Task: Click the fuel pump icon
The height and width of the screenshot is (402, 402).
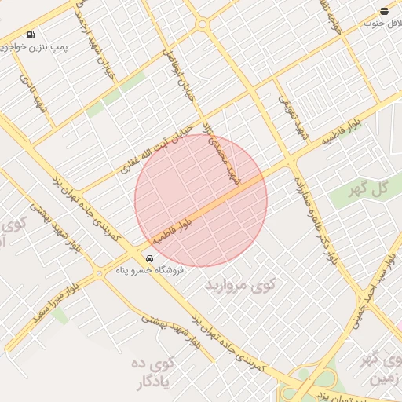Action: [x=31, y=35]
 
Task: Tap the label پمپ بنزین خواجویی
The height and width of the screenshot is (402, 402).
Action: [x=35, y=48]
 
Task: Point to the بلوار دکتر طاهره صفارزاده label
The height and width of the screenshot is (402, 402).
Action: [x=315, y=213]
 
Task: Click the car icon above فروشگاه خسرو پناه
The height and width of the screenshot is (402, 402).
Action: [x=149, y=258]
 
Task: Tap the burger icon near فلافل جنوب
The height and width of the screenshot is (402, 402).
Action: [x=384, y=11]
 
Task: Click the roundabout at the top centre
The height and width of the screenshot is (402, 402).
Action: [x=203, y=24]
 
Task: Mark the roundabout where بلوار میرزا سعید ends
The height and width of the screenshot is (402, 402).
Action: [x=99, y=272]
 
